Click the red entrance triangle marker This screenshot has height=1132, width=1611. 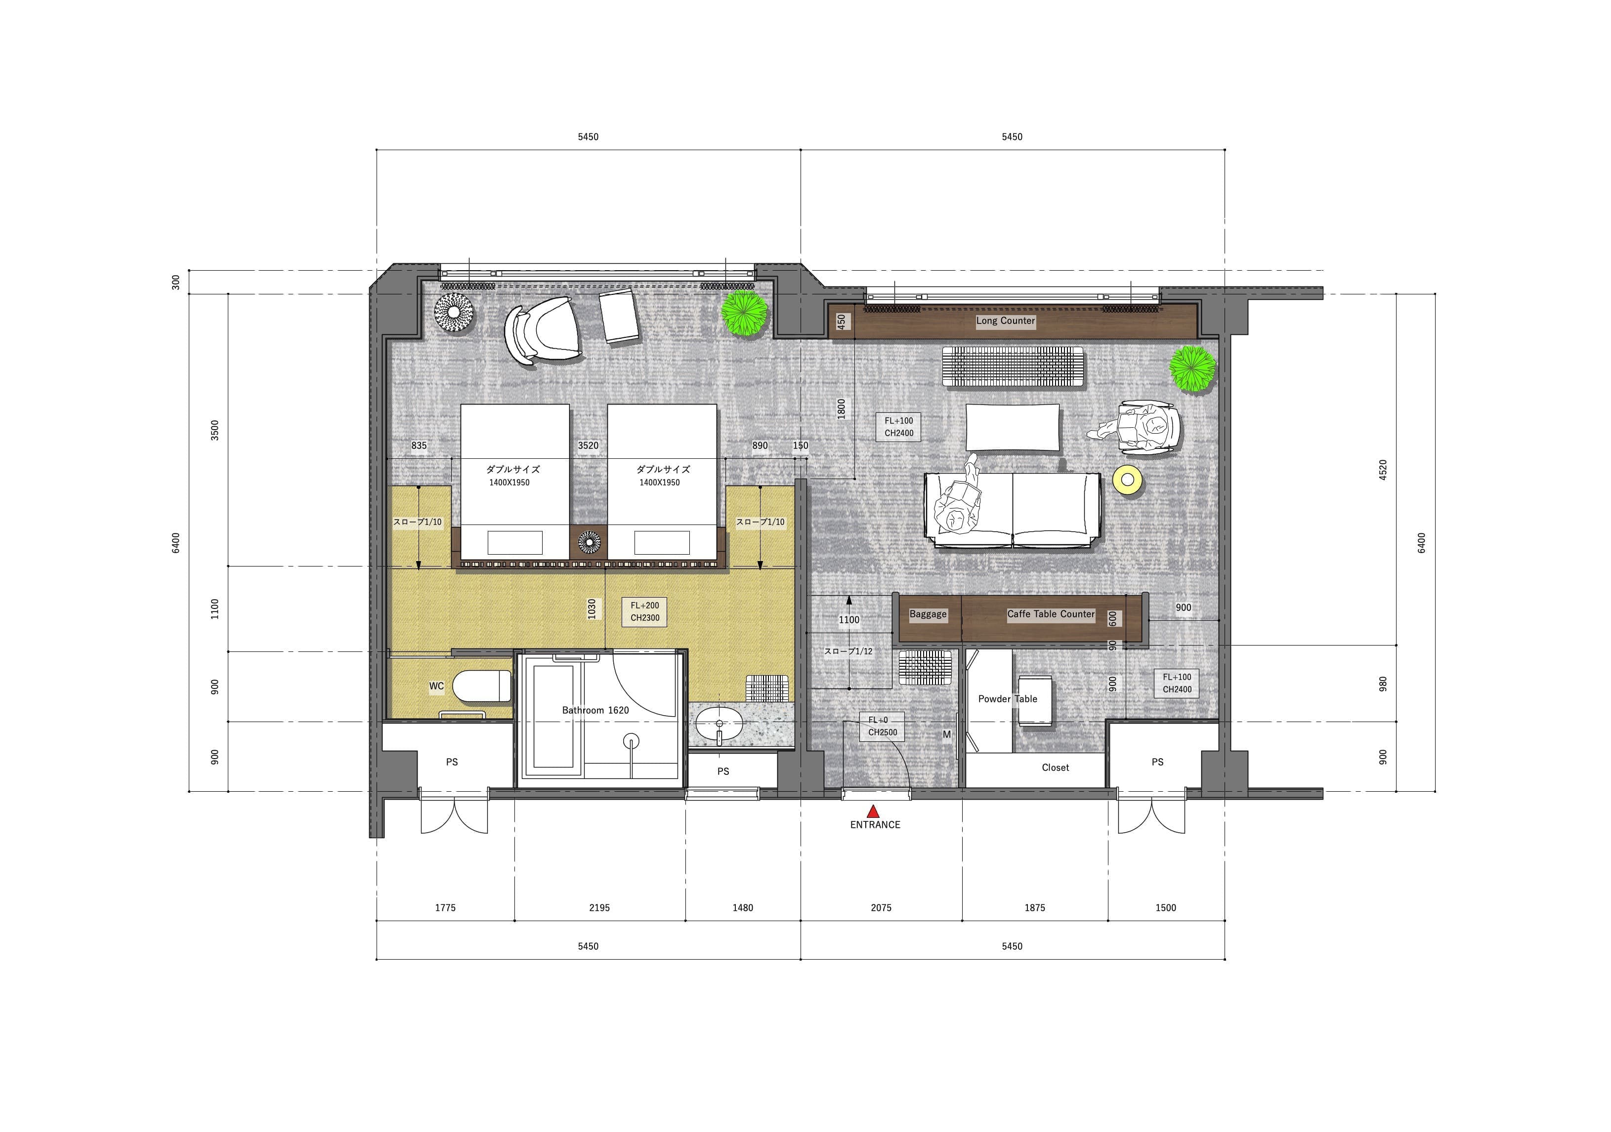[873, 811]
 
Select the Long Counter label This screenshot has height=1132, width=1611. [1006, 321]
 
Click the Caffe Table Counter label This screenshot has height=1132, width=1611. [1051, 614]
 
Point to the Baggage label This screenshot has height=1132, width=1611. [928, 614]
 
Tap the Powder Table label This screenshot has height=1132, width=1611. [1008, 698]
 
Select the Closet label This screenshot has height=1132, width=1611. [1055, 768]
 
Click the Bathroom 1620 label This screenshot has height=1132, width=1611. [595, 710]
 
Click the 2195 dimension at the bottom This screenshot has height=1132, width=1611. [599, 908]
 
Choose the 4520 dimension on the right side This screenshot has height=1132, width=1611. [1383, 470]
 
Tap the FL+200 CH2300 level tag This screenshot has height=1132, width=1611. [645, 611]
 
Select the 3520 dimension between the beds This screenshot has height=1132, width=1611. [588, 445]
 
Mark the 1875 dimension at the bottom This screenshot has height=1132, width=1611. [1034, 908]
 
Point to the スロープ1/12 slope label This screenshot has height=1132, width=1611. [848, 651]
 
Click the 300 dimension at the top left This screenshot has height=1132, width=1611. [175, 282]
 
